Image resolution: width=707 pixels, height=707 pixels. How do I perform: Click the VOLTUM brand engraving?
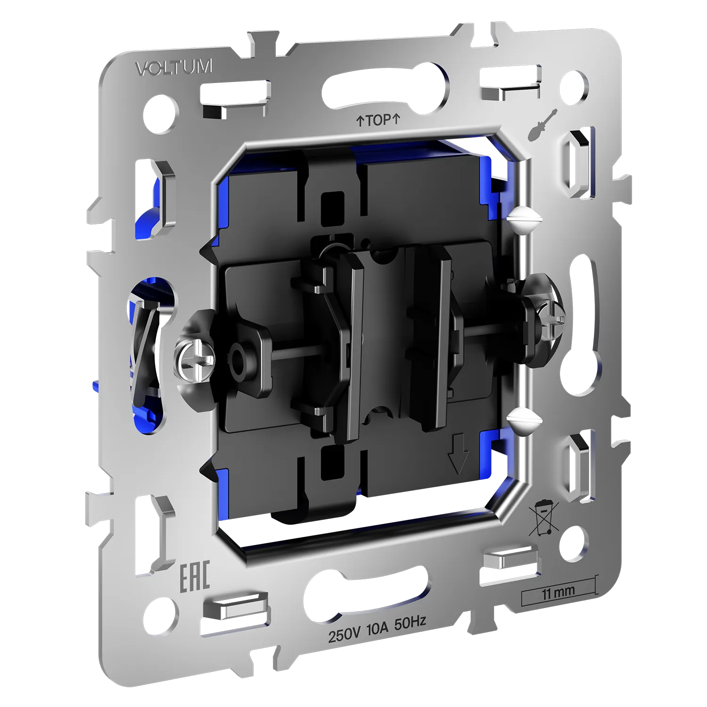click(x=174, y=67)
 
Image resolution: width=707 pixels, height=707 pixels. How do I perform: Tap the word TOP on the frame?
click(x=378, y=120)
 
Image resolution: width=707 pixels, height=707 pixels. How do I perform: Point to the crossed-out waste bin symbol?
click(x=543, y=518)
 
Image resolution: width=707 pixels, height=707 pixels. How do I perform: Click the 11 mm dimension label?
click(x=558, y=592)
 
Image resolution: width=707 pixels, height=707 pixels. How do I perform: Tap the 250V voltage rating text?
click(x=344, y=635)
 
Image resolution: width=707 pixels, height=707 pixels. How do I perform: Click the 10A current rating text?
click(x=377, y=629)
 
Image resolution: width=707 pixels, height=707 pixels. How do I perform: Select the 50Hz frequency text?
click(x=410, y=624)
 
